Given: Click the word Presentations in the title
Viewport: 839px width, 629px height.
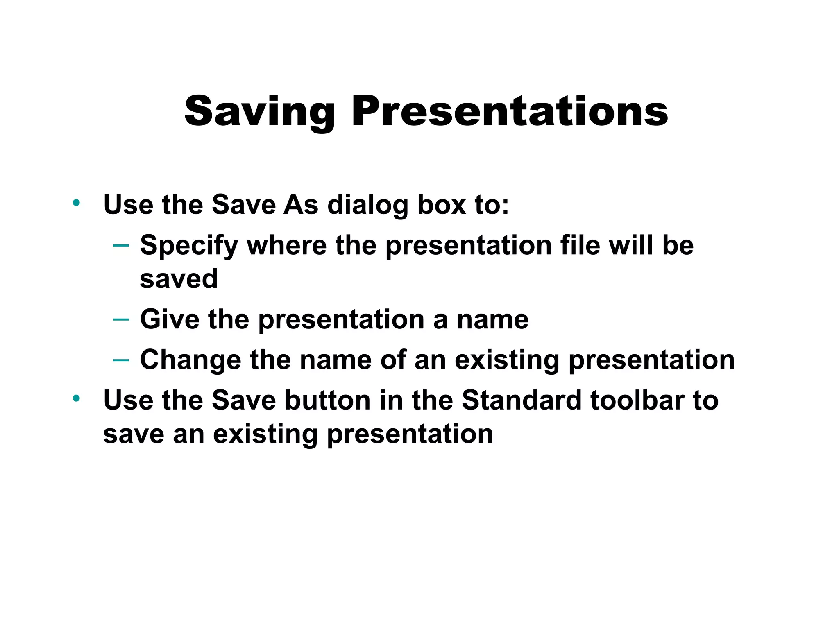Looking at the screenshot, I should coord(510,112).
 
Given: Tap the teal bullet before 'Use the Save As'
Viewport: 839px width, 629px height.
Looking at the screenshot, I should coord(76,202).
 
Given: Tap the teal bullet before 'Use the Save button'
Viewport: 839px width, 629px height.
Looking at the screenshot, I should coord(76,398).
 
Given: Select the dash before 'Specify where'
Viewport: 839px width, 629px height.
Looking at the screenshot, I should coord(121,245).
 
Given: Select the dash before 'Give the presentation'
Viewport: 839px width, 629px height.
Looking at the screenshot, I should coord(121,319).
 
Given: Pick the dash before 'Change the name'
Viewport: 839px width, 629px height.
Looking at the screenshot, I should coord(121,360).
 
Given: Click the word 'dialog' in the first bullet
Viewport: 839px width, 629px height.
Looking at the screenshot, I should coord(367,205).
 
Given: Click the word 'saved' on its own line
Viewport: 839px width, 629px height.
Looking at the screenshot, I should coord(179,279).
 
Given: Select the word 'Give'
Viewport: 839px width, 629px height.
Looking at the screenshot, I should coord(170,319).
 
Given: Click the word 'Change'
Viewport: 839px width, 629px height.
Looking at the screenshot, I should coord(190,360).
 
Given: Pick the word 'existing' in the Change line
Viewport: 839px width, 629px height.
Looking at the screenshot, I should coord(506,360).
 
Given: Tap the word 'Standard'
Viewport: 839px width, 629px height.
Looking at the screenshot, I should coord(521,400).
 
